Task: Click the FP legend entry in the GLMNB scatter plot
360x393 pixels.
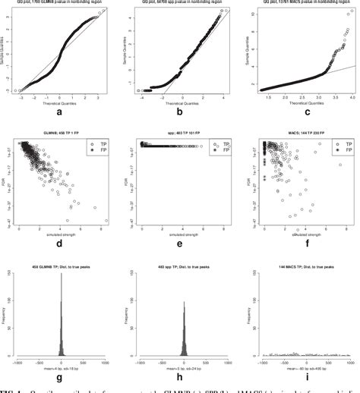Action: [x=101, y=150]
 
